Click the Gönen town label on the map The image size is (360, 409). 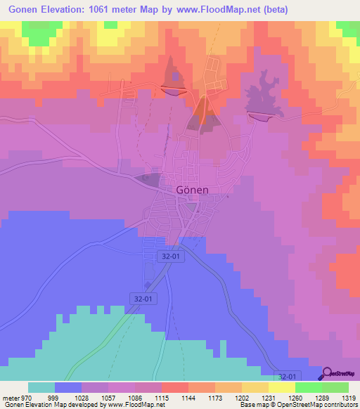coord(192,190)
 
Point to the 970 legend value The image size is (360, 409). coord(27,398)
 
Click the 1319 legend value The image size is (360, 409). coord(347,398)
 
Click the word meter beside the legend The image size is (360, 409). coord(10,398)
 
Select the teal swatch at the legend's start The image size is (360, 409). coord(41,387)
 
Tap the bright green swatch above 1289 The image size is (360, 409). coord(308,387)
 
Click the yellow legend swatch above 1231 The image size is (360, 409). coord(281,387)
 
